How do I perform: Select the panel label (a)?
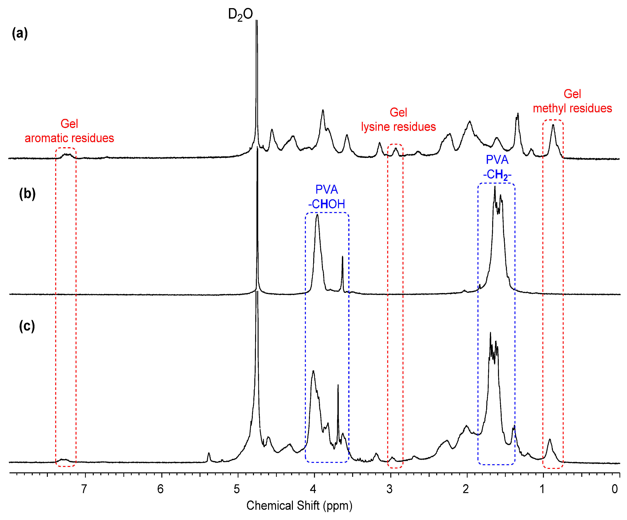click(x=20, y=33)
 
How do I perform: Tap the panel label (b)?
click(x=27, y=193)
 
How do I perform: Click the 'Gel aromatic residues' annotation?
click(x=69, y=131)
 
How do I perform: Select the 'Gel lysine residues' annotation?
click(x=398, y=119)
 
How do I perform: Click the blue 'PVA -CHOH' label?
click(x=327, y=197)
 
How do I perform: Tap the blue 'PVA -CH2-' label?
click(x=497, y=167)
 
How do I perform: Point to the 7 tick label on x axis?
click(x=84, y=489)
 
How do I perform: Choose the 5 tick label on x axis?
click(x=237, y=489)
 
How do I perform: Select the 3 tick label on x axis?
click(x=389, y=489)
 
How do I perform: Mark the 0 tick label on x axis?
click(x=614, y=489)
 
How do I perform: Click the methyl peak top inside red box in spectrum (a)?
click(x=553, y=125)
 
